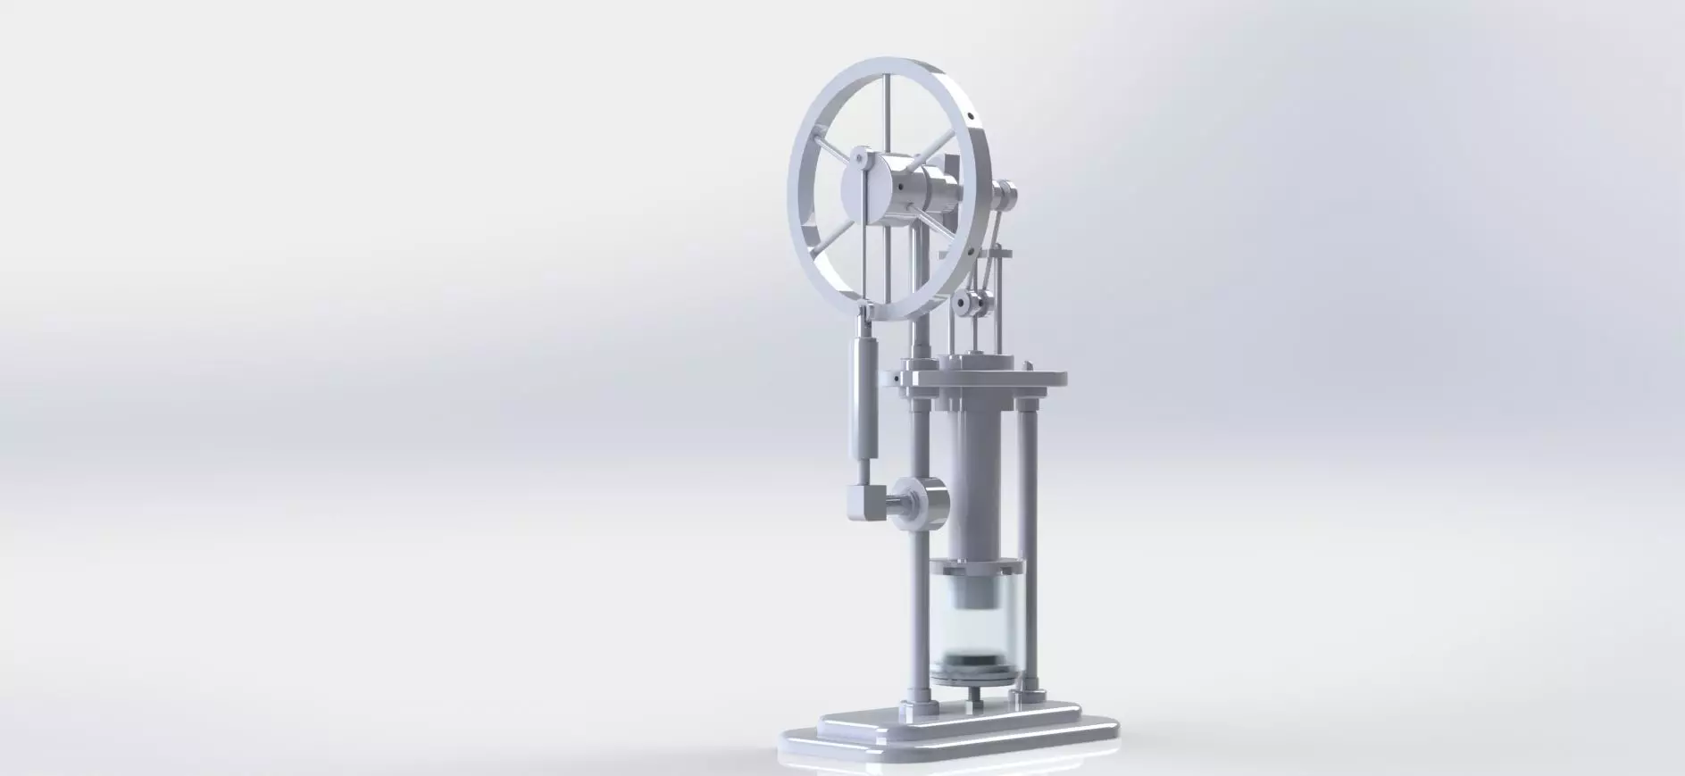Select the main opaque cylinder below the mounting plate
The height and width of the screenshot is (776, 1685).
(x=975, y=482)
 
